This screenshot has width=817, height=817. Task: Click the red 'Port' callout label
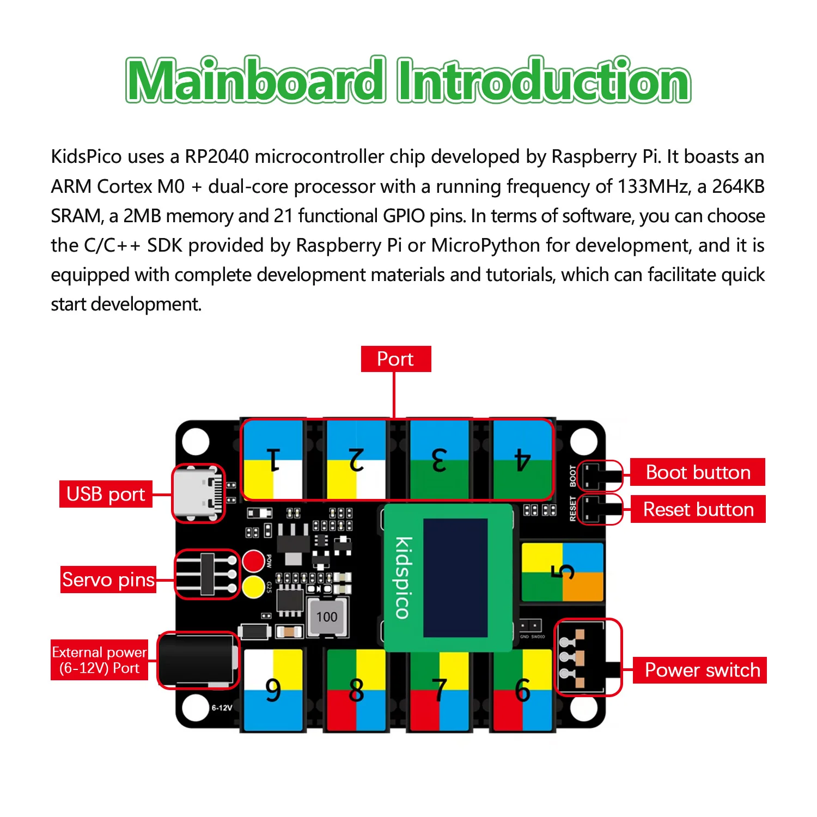point(395,359)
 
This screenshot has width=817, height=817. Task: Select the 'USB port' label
point(106,494)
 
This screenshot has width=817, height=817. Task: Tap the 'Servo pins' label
point(108,580)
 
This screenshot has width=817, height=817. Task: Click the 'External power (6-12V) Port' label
point(99,660)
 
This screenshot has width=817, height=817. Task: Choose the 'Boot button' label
point(698,472)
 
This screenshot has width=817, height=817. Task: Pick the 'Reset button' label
point(698,509)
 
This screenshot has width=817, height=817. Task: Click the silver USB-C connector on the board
point(199,493)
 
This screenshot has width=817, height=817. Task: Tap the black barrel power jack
point(198,660)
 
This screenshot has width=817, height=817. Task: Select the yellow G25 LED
point(253,587)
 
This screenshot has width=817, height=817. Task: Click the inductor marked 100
point(327,617)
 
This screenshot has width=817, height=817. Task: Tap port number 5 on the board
point(562,572)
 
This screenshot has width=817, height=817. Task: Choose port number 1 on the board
point(273,459)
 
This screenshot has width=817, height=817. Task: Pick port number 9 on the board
point(273,690)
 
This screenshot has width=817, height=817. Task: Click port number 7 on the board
point(439,690)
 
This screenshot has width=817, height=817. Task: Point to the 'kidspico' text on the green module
point(403,577)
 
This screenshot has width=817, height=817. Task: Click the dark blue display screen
point(455,577)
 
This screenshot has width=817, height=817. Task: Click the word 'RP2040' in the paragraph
point(217,157)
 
